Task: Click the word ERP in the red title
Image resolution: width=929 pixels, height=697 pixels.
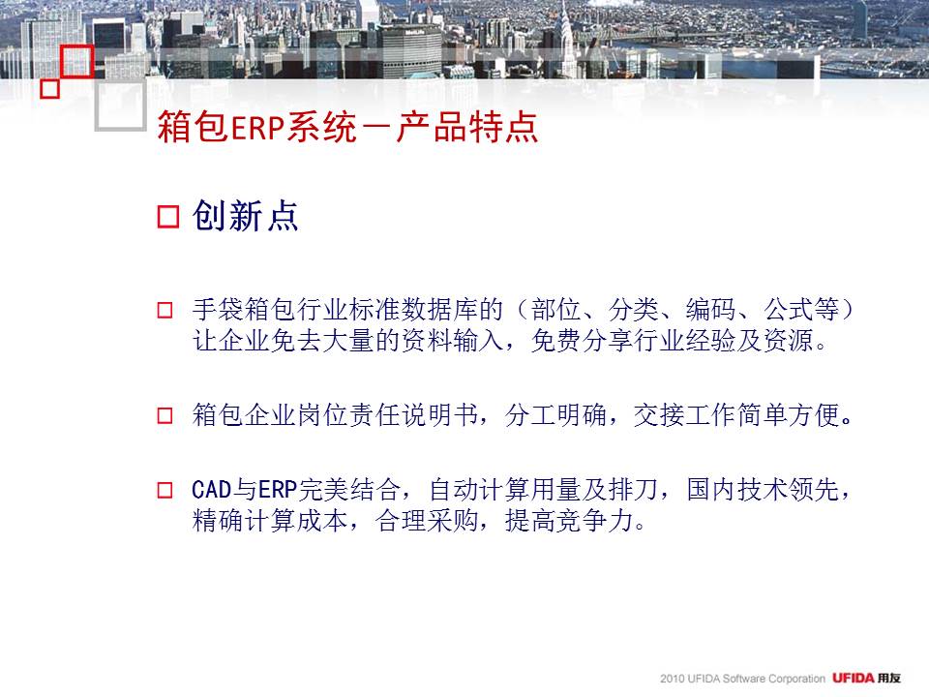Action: (x=257, y=127)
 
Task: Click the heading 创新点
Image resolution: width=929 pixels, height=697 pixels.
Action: (x=245, y=215)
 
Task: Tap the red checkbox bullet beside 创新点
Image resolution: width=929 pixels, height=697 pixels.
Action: (x=168, y=216)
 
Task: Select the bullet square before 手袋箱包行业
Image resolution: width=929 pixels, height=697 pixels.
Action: (x=165, y=310)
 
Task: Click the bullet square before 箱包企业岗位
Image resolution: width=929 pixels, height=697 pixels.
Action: (x=165, y=415)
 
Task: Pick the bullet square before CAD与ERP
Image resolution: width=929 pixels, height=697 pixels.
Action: (x=165, y=490)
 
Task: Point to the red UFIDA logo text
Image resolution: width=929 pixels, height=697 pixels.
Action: (x=854, y=678)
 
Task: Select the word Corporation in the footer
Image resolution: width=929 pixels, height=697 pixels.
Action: (x=796, y=679)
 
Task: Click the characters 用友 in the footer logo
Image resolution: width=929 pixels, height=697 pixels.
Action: (x=889, y=678)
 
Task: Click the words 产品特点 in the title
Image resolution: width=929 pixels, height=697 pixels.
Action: (x=466, y=127)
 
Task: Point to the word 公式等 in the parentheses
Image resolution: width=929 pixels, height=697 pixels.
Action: (x=801, y=310)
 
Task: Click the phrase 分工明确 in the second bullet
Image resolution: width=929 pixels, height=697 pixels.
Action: (x=555, y=414)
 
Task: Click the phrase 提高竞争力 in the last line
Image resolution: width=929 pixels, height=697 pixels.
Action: (x=569, y=521)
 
